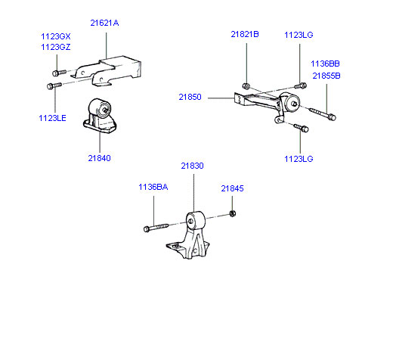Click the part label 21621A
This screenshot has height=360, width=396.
(x=104, y=23)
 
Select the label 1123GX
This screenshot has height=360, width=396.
(x=56, y=36)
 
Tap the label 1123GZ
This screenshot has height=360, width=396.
(x=56, y=47)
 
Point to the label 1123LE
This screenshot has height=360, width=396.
(x=52, y=118)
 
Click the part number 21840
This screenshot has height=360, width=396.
(x=99, y=158)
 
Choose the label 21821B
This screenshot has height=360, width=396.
(x=245, y=34)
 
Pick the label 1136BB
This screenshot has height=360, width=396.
(x=325, y=64)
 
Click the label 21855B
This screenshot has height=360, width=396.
(x=326, y=76)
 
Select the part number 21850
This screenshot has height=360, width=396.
(x=190, y=97)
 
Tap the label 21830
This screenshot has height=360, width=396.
(x=192, y=166)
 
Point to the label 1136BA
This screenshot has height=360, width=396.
(x=153, y=187)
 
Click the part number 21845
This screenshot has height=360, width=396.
(x=232, y=188)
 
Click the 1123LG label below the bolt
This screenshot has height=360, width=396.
(x=299, y=159)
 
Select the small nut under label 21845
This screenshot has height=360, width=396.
(x=233, y=213)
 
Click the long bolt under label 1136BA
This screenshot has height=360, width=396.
(x=156, y=227)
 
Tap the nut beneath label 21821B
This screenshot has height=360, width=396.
(x=246, y=86)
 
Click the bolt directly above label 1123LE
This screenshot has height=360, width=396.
(x=54, y=85)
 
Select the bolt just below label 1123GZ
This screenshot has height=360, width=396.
(x=59, y=73)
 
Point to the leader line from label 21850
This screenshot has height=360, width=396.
(x=221, y=98)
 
